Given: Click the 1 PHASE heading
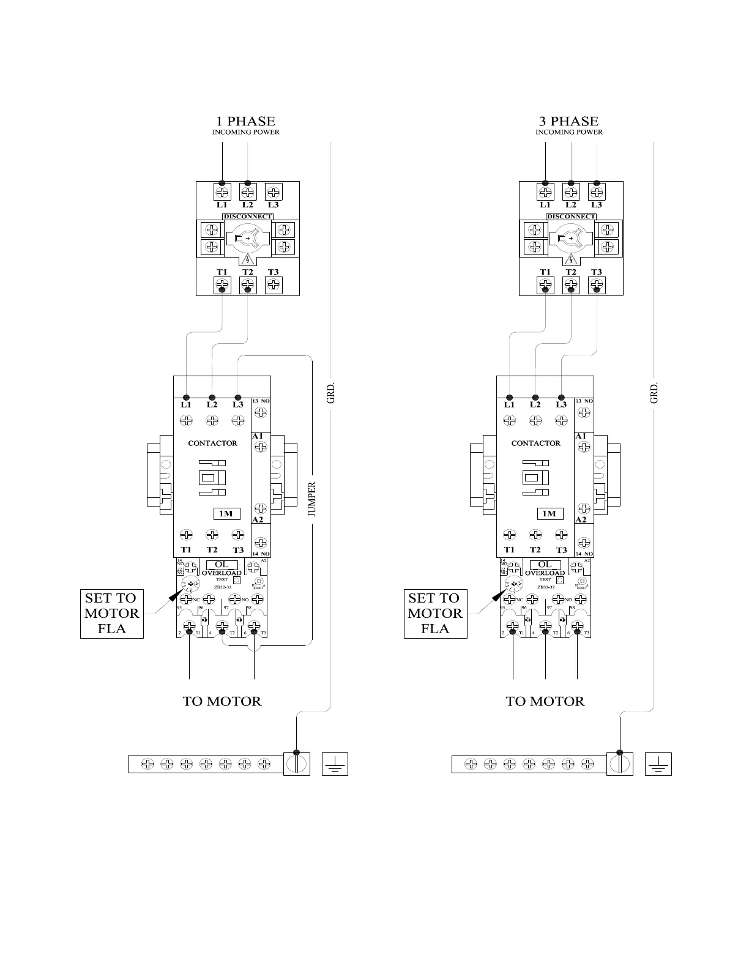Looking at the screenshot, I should (x=246, y=121).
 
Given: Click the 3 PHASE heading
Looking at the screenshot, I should (x=569, y=121).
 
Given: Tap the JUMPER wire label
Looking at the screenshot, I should (x=312, y=500).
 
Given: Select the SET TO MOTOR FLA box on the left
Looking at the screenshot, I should (x=112, y=614).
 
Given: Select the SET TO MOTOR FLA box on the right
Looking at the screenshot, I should (x=435, y=614).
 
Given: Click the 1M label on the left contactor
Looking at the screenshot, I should (x=226, y=514).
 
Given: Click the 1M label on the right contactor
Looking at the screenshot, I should (x=550, y=514).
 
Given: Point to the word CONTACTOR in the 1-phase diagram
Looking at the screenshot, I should (x=212, y=443).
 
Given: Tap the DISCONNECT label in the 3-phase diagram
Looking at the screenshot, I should (x=571, y=217).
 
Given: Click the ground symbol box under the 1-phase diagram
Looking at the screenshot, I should (x=335, y=764).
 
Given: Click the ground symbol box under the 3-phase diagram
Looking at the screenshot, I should (x=658, y=764).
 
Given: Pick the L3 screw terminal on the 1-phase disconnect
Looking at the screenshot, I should (x=274, y=192).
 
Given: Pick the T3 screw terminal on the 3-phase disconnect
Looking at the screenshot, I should (x=597, y=285).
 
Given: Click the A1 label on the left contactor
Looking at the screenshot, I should (x=258, y=436).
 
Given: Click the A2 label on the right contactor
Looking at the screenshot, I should (x=581, y=519).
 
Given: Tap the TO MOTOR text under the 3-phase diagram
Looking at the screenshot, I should (x=545, y=701).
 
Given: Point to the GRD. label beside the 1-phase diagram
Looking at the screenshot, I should (x=330, y=393).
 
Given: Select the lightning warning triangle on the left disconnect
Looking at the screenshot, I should (x=248, y=259).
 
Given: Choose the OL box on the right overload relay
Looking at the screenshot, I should (x=545, y=565).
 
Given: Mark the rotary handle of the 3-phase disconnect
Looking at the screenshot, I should (x=571, y=238).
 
